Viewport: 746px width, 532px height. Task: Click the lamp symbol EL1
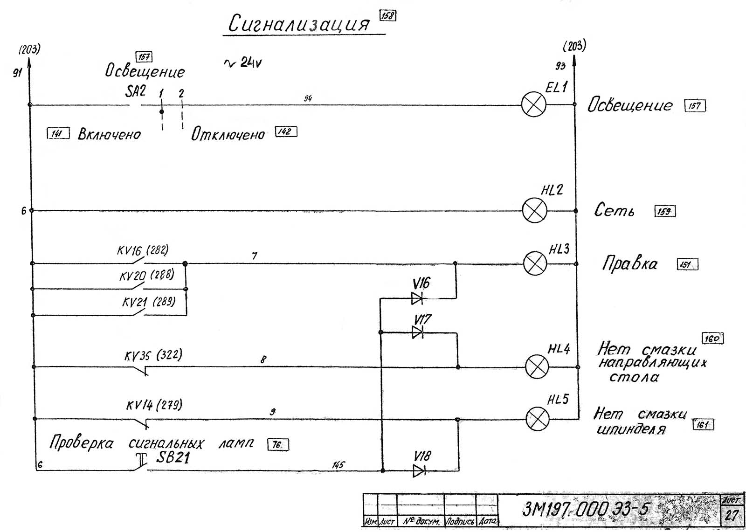point(533,104)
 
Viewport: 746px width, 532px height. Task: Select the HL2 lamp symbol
point(534,210)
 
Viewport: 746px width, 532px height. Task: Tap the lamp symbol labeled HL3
point(535,263)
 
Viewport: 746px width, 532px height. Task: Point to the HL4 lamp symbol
point(537,366)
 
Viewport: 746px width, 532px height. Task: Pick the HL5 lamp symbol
point(537,419)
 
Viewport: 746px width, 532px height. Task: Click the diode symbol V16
point(417,298)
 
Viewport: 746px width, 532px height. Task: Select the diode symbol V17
point(418,332)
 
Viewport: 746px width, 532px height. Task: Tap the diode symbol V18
point(419,470)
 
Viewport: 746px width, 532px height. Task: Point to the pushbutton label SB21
point(173,457)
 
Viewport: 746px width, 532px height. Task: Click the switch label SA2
point(135,91)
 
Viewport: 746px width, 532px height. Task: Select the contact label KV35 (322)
point(153,355)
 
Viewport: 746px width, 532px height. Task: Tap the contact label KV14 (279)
point(154,404)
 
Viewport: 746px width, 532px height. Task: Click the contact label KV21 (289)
point(149,302)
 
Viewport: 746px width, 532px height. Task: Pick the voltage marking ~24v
point(243,63)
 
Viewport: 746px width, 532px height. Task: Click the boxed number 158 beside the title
point(388,15)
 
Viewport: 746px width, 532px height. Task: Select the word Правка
point(630,264)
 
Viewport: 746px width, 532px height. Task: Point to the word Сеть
point(614,211)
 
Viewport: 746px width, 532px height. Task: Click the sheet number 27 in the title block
point(732,515)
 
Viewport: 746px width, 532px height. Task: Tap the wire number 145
point(338,465)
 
